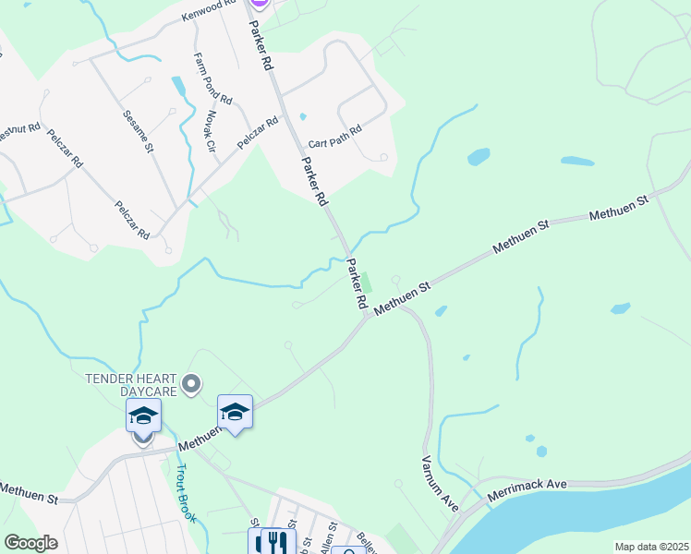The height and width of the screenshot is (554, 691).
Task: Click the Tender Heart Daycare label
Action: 130,385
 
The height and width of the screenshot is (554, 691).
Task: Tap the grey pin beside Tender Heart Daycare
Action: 191,383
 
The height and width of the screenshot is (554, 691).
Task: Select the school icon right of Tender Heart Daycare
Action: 235,413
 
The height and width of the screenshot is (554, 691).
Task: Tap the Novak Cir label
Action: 211,132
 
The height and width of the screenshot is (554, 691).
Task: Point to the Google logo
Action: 30,543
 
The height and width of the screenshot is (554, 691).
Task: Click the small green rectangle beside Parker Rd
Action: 367,282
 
